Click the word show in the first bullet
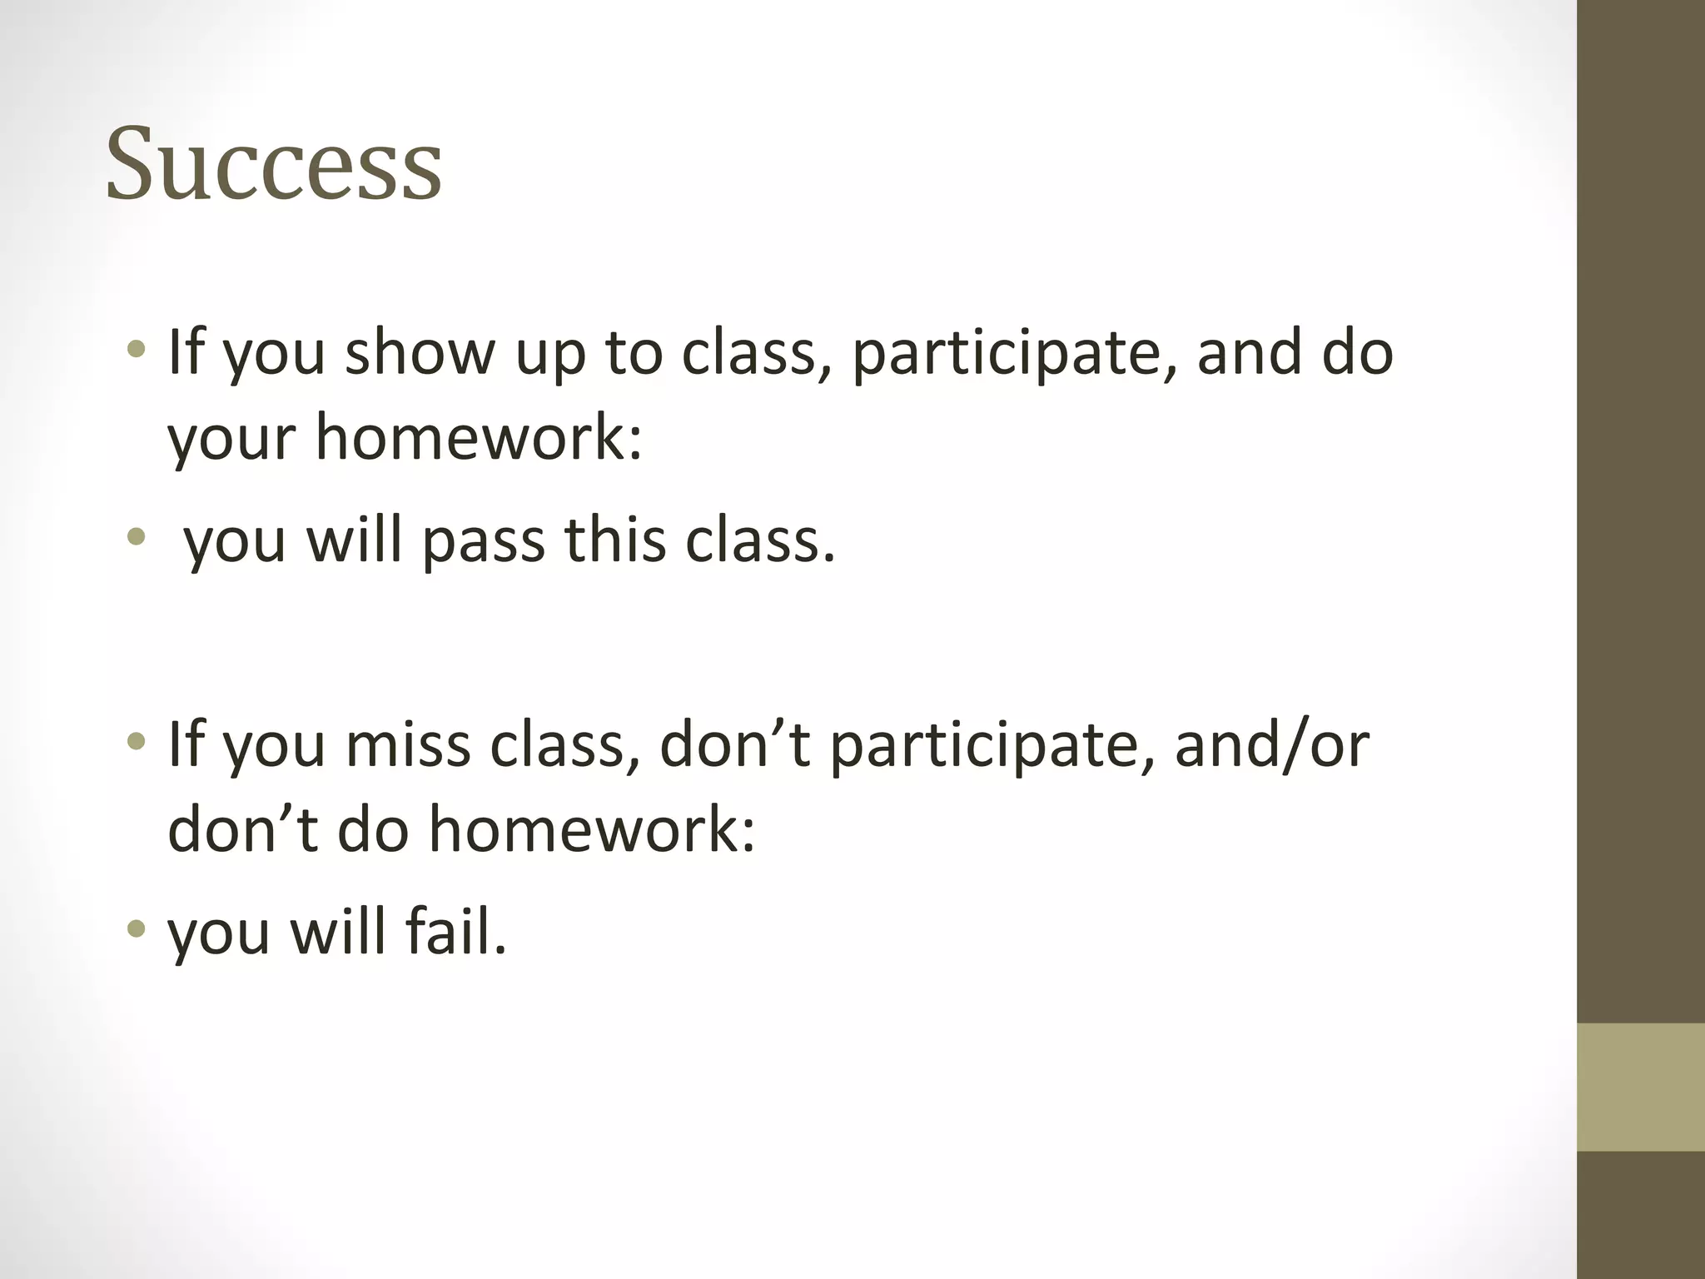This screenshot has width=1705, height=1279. pyautogui.click(x=420, y=352)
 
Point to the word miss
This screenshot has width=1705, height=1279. pyautogui.click(x=408, y=744)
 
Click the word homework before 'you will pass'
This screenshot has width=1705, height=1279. pyautogui.click(x=479, y=437)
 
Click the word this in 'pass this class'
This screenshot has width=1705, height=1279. pyautogui.click(x=615, y=540)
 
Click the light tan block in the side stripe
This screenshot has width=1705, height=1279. pyautogui.click(x=1641, y=1087)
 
